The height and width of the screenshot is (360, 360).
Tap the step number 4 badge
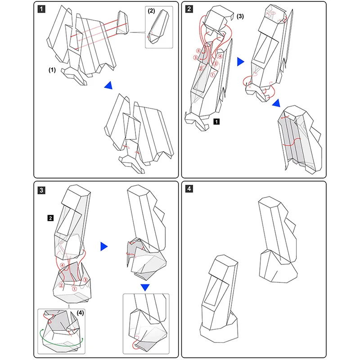point(189,189)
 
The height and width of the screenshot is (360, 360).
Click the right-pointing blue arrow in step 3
point(104,246)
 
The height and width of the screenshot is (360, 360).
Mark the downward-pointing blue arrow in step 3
point(145,287)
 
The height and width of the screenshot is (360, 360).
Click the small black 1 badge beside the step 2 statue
point(216,121)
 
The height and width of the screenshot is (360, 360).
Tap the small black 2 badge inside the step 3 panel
point(51,218)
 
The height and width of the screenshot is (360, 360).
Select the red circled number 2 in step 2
point(201,68)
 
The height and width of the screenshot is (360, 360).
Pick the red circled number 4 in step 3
point(63,265)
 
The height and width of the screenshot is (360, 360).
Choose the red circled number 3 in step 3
point(85,280)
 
